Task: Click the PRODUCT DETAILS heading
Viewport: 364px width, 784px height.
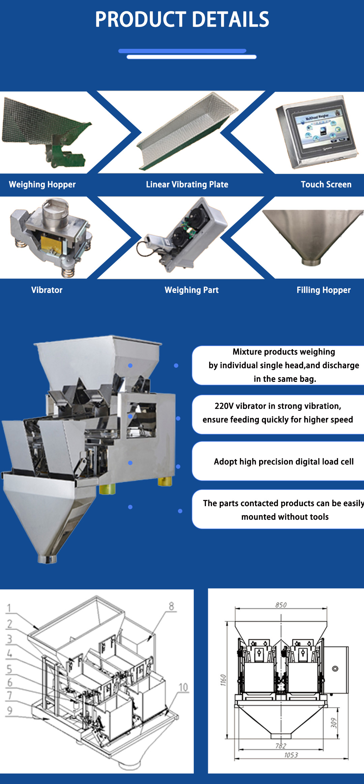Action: coord(182,19)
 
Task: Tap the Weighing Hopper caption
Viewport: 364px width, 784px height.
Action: coord(42,185)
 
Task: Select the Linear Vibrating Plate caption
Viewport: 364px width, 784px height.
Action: coord(187,185)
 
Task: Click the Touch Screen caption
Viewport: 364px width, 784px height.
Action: coord(326,185)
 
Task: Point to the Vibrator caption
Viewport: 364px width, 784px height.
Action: coord(47,290)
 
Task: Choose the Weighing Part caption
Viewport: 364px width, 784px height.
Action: coord(191,290)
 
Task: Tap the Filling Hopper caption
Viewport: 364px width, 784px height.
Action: coord(324,290)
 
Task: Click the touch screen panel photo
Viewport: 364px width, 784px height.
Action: coord(317,132)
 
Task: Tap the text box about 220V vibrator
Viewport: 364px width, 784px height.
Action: coord(278,415)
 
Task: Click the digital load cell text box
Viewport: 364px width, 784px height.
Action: coord(278,461)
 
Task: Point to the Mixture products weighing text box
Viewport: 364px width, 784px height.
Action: coord(278,365)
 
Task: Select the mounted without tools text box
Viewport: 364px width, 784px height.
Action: coord(278,509)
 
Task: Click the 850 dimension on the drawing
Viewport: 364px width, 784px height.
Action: coord(281,605)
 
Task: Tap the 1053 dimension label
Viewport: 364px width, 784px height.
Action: coord(291,755)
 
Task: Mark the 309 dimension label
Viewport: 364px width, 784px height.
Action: coord(334,723)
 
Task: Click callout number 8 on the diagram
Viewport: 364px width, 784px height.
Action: coord(172,606)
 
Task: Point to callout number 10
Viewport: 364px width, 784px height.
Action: coord(183,687)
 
